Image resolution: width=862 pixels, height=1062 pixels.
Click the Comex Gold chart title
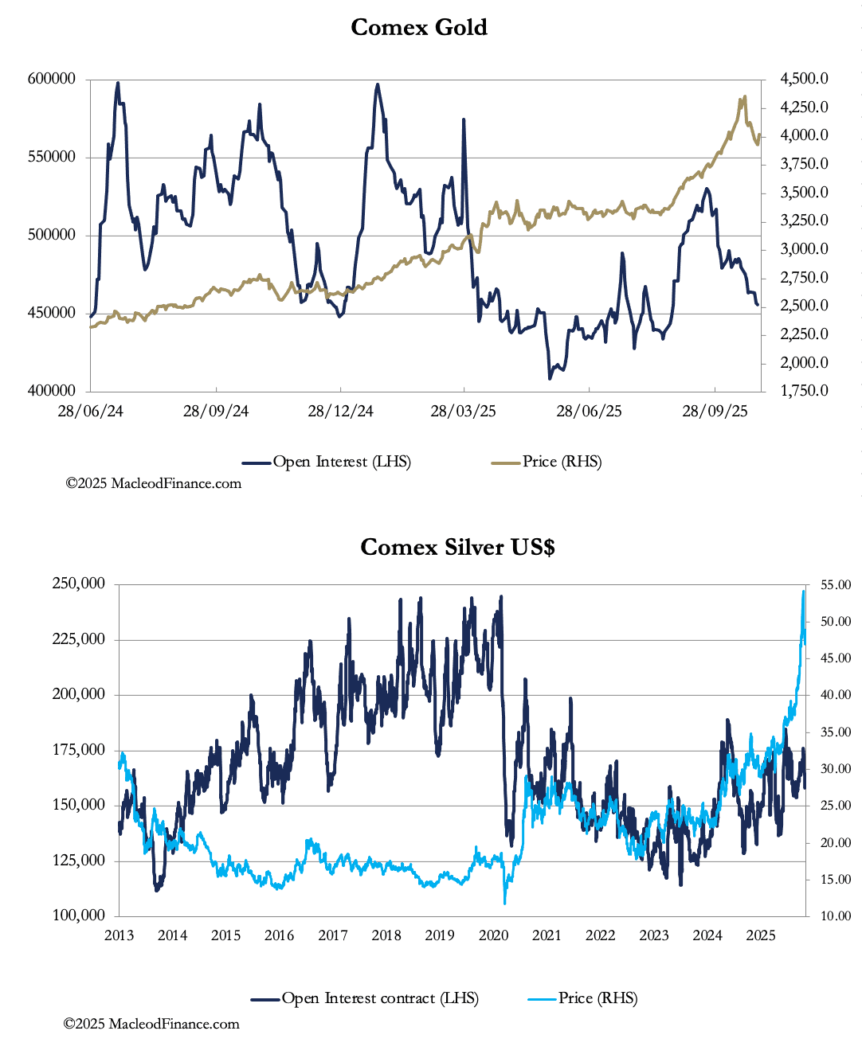point(418,27)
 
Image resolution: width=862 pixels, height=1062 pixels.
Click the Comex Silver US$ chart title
point(457,547)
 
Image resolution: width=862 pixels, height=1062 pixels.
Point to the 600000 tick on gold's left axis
point(52,79)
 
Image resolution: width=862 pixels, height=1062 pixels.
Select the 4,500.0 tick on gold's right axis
point(804,79)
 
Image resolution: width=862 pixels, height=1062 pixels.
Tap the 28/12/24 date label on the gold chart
point(340,411)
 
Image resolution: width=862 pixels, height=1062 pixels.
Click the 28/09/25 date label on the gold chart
point(715,411)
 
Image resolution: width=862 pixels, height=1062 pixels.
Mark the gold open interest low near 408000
point(550,377)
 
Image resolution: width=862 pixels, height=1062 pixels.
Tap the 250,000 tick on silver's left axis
point(79,584)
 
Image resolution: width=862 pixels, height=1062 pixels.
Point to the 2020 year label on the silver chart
point(493,935)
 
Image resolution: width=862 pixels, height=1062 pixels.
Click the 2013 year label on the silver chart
point(119,935)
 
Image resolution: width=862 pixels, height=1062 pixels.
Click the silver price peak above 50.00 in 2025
point(803,592)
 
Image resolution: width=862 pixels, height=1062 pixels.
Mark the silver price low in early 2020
point(505,902)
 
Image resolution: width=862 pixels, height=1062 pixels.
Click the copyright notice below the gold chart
point(153,483)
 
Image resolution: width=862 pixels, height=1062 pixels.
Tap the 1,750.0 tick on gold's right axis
point(804,391)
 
